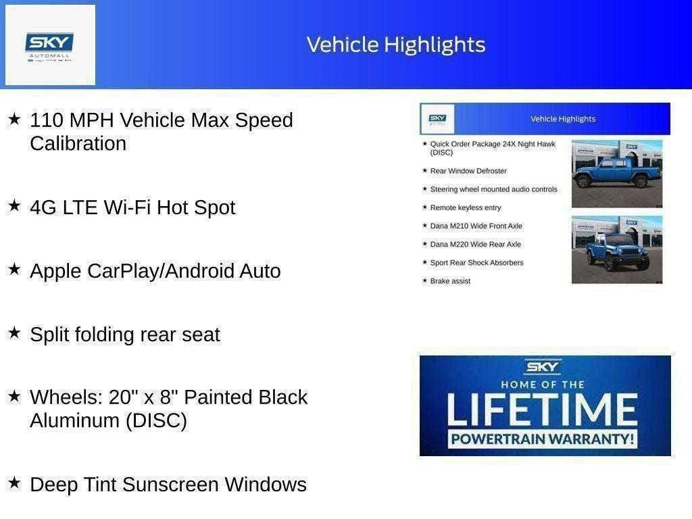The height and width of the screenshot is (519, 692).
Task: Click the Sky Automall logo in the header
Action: coord(50,45)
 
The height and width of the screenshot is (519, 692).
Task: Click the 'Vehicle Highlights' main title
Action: coord(396,45)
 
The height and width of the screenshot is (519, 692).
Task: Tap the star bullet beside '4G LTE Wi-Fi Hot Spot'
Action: coord(14,205)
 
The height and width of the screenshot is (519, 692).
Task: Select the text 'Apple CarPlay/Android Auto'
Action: coord(155,271)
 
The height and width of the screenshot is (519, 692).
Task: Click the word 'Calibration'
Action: coord(78,144)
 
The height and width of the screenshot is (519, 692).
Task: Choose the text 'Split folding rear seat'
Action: coord(125,335)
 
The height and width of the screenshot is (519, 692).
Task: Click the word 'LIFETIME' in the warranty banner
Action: coord(543,409)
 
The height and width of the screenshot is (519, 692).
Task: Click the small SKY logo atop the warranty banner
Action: coord(543,368)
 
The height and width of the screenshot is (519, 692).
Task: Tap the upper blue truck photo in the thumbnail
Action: coord(616,173)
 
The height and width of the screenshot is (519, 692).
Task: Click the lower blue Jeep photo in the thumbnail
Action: coord(616,249)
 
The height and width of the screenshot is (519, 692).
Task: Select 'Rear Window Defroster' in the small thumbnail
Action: coord(468,171)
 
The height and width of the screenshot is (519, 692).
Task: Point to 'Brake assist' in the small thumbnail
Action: coord(450,281)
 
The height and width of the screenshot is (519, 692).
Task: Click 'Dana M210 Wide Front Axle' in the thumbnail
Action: coord(476,226)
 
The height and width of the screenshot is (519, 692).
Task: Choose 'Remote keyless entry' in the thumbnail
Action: coord(466,207)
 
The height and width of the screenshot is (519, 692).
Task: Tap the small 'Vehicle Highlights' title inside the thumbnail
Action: coord(563,119)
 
